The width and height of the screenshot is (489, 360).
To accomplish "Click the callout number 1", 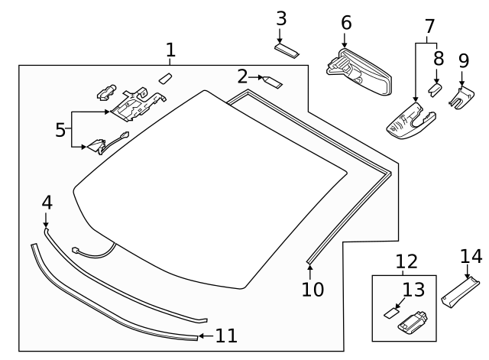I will point(170,50).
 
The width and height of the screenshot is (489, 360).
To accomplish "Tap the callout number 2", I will point(242,76).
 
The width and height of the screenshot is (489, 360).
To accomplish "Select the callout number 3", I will point(281,18).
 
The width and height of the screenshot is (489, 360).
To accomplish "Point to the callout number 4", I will point(47,203).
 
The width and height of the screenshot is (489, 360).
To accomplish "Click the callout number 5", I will point(60,129).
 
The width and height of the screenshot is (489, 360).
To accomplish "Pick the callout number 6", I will point(346,23).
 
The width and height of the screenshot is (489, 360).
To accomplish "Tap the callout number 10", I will point(313,290).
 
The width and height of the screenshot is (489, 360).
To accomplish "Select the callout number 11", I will point(225,335).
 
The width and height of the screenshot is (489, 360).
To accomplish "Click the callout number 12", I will point(406,262).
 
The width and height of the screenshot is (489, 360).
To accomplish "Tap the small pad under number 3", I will point(287,50).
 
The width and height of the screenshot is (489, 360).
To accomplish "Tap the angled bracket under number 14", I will point(461,291).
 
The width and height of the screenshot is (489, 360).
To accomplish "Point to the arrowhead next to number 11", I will point(200,335).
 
